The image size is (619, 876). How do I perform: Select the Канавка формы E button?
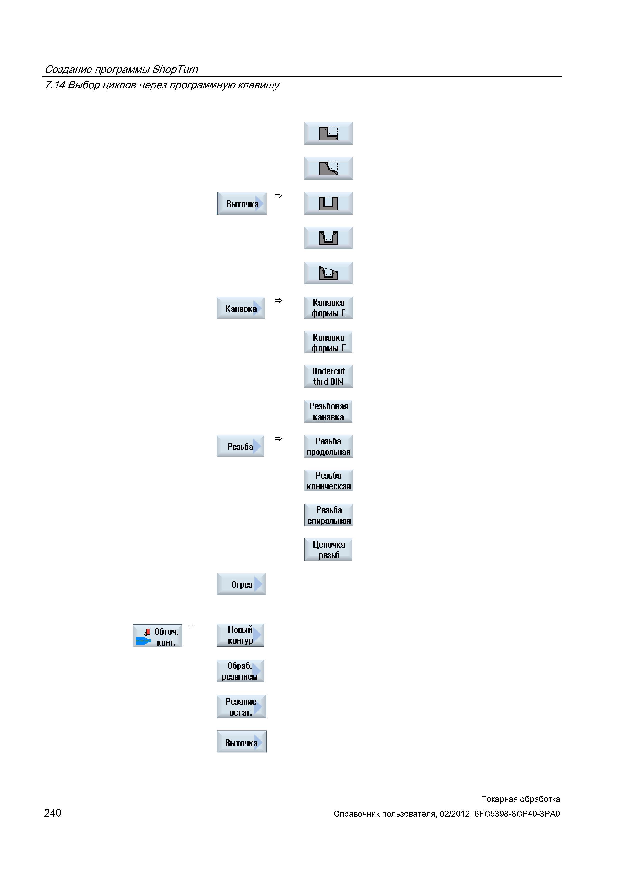[x=328, y=308]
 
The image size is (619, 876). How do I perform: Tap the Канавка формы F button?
[x=328, y=342]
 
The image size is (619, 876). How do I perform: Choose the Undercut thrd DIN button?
[x=328, y=377]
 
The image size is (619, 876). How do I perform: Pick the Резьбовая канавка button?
[x=328, y=411]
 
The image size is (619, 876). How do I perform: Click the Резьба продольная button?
[x=328, y=446]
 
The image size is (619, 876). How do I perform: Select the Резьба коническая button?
[x=328, y=481]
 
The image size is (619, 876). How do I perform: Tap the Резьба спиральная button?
[x=328, y=515]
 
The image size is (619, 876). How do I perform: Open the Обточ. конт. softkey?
[x=157, y=635]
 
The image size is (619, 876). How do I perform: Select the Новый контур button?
[x=240, y=635]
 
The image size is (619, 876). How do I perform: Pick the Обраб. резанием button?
[x=240, y=671]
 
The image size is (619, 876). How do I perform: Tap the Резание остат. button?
[x=241, y=707]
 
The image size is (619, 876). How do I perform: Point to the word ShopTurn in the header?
[x=175, y=69]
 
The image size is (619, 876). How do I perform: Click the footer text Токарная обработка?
[x=521, y=799]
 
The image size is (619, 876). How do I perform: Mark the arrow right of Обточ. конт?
[x=192, y=627]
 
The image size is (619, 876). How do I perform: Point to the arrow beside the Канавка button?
[x=278, y=301]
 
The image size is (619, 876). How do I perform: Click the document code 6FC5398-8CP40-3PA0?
[x=517, y=814]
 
